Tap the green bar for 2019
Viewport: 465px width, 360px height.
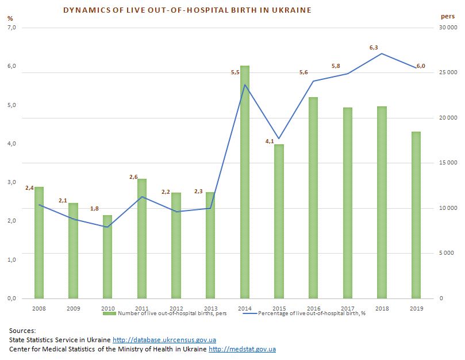tap(416, 215)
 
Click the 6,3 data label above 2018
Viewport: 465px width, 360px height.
tap(374, 48)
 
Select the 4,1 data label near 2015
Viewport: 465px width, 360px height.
tap(270, 141)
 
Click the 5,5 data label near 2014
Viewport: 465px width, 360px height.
tap(235, 72)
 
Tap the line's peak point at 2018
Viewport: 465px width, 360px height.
tap(382, 53)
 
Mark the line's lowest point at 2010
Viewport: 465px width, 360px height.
tap(107, 227)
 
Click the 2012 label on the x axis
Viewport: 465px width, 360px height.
tap(176, 308)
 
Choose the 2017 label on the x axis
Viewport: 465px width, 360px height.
tap(348, 308)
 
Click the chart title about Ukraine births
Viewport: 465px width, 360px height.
tap(187, 10)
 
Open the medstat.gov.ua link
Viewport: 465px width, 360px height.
tap(242, 349)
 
